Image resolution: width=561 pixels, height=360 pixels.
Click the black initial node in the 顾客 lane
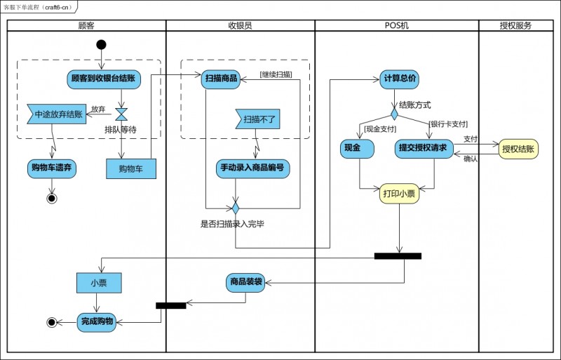coord(101,45)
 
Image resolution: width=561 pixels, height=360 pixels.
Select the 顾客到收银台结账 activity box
coord(104,79)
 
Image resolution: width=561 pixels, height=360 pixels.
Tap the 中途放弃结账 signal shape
coord(57,114)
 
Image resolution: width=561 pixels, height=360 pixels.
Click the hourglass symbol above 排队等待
coord(121,114)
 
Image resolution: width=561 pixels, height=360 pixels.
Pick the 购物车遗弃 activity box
coord(52,168)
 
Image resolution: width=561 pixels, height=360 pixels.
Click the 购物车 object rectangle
coord(131,168)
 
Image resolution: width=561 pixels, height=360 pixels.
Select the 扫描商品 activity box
coord(221,79)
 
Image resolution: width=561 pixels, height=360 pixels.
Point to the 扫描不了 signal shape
coord(257,119)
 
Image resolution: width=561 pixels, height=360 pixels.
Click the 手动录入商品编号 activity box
coord(252,168)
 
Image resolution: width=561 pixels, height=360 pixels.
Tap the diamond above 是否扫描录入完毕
coord(236,208)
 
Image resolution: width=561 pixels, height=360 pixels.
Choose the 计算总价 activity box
coord(399,79)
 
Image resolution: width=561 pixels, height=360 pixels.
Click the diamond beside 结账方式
coord(394,114)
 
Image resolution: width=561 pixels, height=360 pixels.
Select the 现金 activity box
coord(357,149)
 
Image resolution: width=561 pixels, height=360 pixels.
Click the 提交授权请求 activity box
coord(424,149)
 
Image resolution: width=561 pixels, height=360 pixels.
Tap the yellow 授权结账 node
coord(518,149)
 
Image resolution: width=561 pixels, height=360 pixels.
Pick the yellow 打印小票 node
coord(399,194)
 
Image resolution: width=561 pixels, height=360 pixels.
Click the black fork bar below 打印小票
coord(398,256)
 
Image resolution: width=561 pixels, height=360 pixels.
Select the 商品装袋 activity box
coord(246,283)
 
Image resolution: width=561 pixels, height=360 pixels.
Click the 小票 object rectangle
coord(99,283)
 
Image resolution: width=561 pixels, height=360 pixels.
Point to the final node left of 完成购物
coord(52,322)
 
